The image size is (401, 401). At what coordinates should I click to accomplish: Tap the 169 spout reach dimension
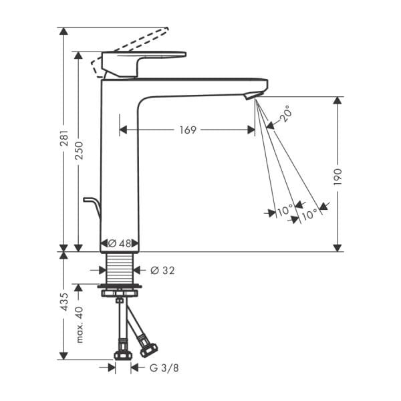click(188, 130)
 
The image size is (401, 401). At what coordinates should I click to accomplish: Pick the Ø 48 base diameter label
click(119, 244)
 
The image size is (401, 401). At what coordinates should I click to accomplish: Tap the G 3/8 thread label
click(164, 367)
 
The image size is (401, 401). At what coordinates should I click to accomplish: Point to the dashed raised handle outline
click(134, 41)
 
